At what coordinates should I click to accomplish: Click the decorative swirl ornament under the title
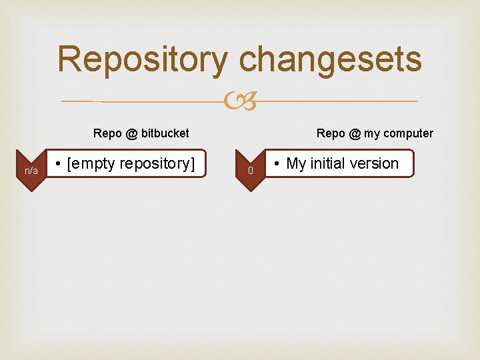[240, 102]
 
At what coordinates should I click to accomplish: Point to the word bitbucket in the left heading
[165, 133]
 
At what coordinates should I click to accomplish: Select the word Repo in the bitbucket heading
[107, 133]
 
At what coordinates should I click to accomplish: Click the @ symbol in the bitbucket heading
[131, 133]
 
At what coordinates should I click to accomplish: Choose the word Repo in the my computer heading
[331, 133]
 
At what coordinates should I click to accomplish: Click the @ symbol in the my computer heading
[355, 133]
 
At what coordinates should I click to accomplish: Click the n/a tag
[31, 171]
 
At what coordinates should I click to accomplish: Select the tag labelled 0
[251, 171]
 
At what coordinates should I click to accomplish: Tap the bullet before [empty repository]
[59, 164]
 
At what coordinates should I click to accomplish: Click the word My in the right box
[296, 163]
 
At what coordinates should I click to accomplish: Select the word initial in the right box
[327, 163]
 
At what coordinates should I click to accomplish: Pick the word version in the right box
[374, 163]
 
